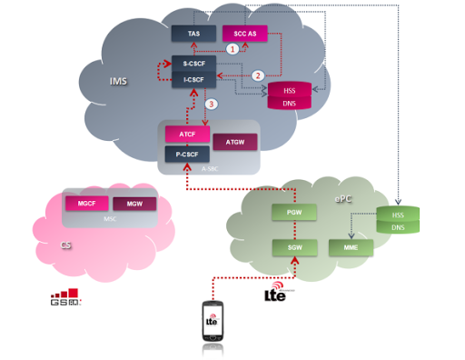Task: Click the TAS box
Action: (193, 34)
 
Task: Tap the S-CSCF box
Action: (193, 65)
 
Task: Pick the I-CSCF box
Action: (193, 80)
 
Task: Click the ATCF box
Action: (187, 135)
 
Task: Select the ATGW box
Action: (233, 143)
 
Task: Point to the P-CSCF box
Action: (187, 154)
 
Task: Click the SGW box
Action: (294, 247)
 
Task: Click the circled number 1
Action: (232, 50)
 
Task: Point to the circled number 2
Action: (258, 75)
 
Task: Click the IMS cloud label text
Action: (117, 82)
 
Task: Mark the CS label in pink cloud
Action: (65, 245)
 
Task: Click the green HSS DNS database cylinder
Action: (398, 221)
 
